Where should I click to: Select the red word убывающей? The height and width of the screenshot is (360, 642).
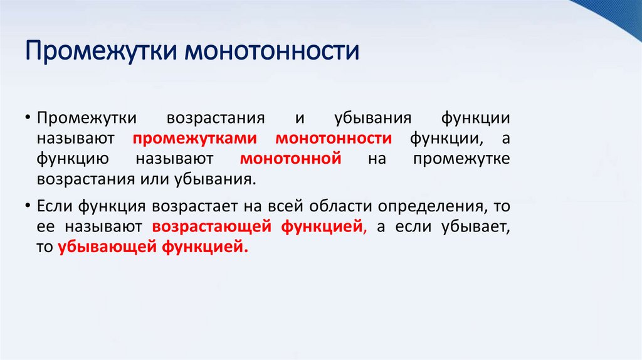(108, 247)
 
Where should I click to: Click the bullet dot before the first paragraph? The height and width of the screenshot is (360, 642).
(29, 119)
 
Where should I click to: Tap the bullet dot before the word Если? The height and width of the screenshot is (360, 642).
(29, 207)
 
